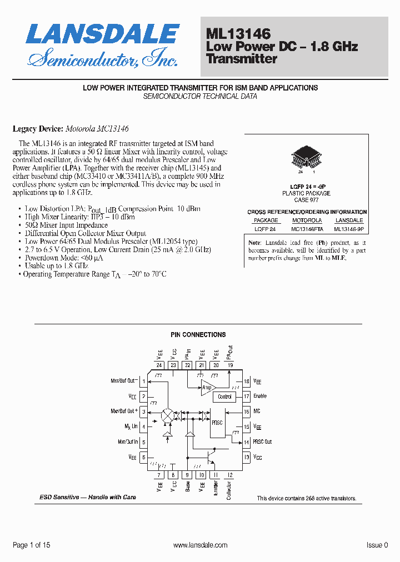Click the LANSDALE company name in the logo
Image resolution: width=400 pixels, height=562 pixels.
[103, 34]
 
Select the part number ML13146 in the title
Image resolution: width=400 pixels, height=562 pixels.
[238, 35]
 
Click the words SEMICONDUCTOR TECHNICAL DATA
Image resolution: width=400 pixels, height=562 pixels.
[200, 96]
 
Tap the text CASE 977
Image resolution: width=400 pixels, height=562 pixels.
[306, 199]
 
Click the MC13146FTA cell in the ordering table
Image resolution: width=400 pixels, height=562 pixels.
[306, 229]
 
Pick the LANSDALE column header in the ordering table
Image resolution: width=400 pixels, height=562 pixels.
[349, 220]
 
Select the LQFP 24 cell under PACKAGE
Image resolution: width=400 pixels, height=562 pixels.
[266, 229]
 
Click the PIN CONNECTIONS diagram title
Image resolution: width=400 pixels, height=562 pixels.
[198, 335]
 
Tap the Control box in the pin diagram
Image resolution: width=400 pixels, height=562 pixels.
[224, 397]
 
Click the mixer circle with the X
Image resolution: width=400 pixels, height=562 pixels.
[167, 416]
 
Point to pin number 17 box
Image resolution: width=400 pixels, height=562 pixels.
[246, 397]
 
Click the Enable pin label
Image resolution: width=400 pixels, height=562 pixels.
[260, 397]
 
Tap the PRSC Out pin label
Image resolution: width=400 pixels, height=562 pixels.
[263, 442]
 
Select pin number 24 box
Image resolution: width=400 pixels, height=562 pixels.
[159, 365]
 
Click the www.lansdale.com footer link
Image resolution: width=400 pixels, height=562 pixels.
[201, 545]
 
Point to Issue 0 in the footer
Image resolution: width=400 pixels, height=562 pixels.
[377, 545]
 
